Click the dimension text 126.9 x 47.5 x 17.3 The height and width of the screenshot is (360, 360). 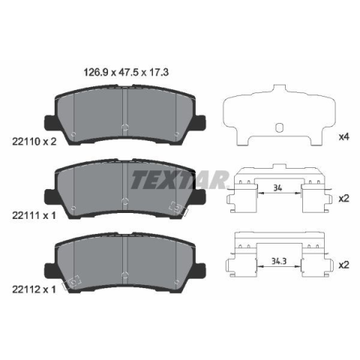[126, 73]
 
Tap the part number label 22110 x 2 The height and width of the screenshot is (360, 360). [34, 142]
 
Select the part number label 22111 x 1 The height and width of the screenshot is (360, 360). [34, 215]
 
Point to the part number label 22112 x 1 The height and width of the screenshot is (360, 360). [34, 289]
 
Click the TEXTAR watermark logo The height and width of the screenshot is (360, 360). [180, 179]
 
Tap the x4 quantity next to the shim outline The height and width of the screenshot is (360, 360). [343, 137]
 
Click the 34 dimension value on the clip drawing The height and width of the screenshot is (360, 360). [277, 187]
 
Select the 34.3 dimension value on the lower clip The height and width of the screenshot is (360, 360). [279, 261]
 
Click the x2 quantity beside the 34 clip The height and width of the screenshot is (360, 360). [343, 199]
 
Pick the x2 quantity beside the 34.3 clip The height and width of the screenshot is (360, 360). [343, 265]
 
